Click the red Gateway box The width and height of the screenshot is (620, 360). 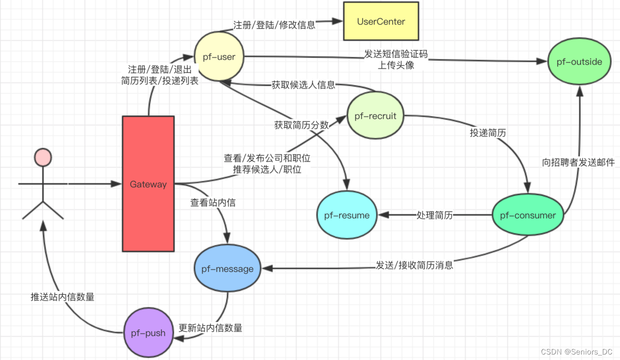pos(148,184)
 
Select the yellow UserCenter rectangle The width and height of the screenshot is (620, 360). pos(380,21)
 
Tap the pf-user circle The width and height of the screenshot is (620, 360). pos(219,56)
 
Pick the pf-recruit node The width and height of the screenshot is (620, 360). pos(375,116)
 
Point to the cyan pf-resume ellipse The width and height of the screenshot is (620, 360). pos(346,215)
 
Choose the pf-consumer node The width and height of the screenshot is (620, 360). pos(527,215)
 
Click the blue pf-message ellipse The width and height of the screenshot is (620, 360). pos(227,268)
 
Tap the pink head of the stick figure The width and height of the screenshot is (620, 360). pos(43,157)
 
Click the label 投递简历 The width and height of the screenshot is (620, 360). pos(487,133)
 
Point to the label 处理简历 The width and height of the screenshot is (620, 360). pos(434,215)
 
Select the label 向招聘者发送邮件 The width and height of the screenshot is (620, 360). pos(578,162)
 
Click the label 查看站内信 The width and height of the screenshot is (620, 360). pos(213,202)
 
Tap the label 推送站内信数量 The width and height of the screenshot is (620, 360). pos(62,297)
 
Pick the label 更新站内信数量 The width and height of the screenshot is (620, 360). pos(210,328)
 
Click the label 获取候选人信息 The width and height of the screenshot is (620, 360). pos(303,84)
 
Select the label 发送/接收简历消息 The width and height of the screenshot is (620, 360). pos(414,265)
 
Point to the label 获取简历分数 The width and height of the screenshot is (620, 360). pos(301,125)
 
